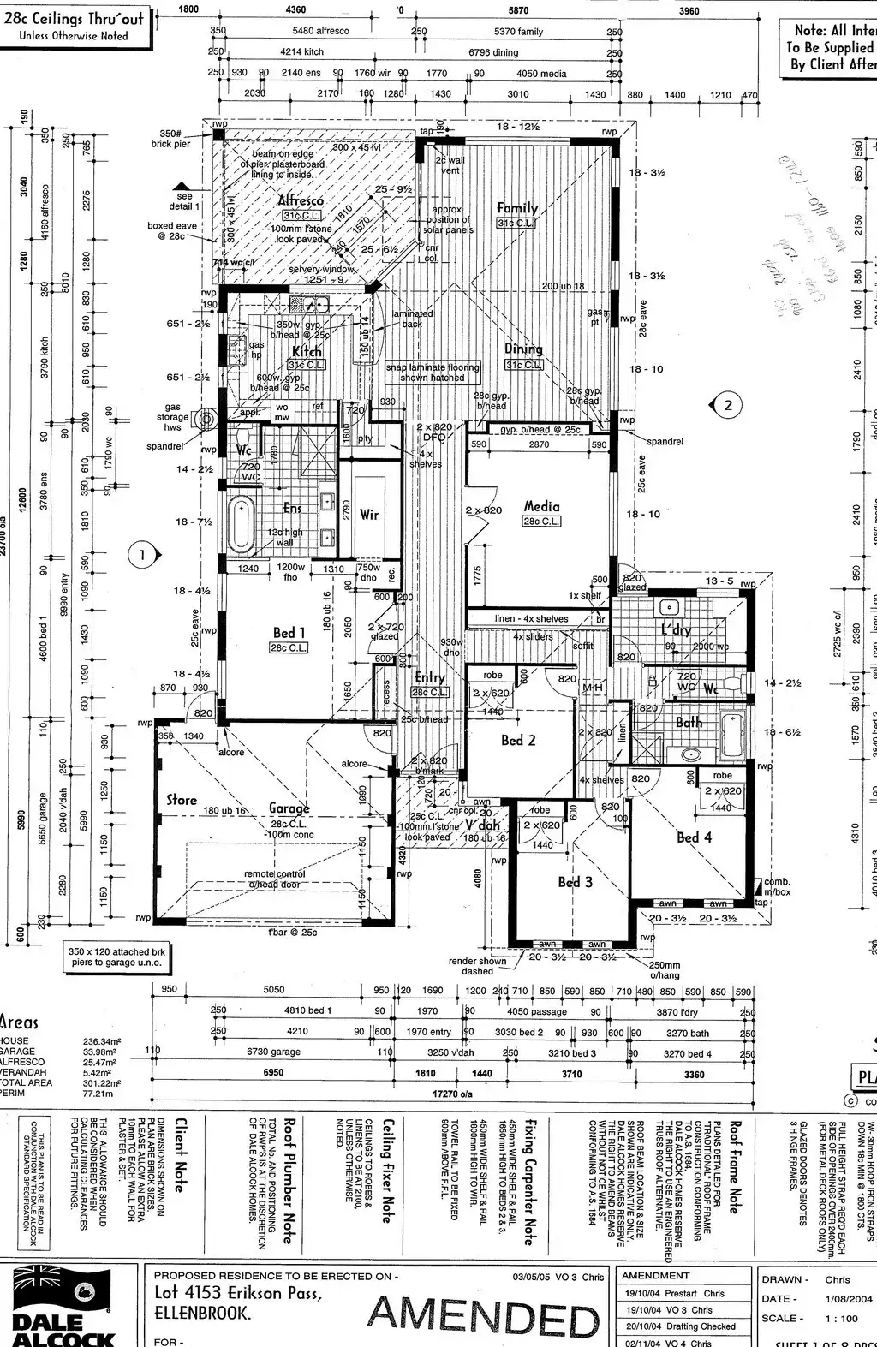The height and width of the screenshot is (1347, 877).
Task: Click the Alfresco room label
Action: point(300,200)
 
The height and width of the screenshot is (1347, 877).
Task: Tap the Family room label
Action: point(517,207)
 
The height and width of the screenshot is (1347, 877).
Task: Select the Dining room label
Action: point(523,349)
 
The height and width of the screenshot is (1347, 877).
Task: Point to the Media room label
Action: point(541,506)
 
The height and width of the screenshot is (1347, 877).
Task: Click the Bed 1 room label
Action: point(289,633)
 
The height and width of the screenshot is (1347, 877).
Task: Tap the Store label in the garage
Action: point(182,799)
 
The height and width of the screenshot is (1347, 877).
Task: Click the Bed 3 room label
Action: point(575,881)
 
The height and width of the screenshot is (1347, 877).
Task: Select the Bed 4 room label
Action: point(694,837)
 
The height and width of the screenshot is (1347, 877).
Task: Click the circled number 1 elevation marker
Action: point(143,556)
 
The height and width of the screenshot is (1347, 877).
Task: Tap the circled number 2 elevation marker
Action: point(728,405)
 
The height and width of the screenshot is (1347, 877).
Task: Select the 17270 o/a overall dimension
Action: point(454,1094)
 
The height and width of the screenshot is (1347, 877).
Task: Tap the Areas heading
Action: point(19,1022)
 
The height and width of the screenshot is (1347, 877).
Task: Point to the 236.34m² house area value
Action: point(102,1041)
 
